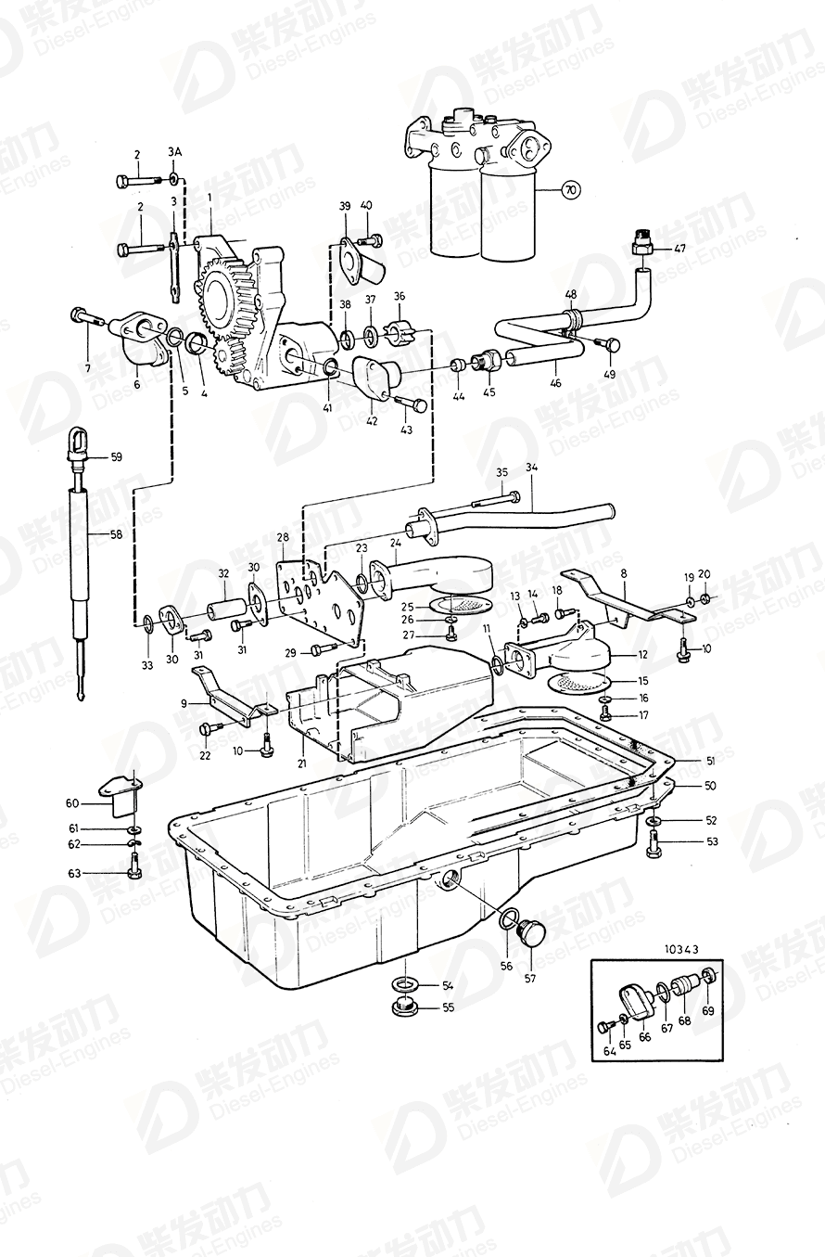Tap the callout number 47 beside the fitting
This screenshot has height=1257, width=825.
679,249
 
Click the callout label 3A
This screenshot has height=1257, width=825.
174,151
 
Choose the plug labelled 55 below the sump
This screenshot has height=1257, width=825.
404,1007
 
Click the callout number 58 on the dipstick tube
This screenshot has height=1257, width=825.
117,534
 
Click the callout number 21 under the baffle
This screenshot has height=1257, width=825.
300,763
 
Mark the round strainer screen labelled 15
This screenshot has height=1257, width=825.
575,685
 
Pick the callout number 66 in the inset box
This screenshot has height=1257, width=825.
644,1038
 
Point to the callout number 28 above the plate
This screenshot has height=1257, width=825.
282,537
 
